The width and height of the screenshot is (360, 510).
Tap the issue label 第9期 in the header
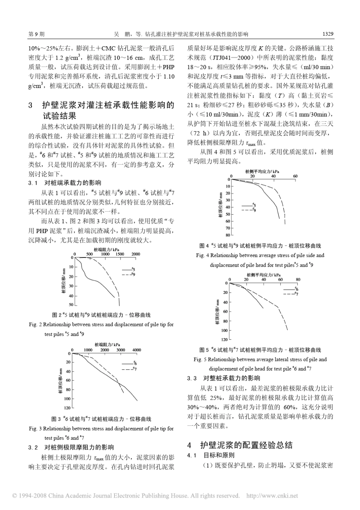[36, 34]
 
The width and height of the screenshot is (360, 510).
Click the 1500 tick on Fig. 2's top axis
[120, 254]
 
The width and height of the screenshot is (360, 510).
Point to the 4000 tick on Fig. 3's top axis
[136, 350]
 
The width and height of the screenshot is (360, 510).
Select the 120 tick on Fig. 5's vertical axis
[224, 339]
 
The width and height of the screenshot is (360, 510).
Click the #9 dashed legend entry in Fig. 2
[128, 273]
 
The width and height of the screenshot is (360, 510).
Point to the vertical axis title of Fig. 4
[220, 205]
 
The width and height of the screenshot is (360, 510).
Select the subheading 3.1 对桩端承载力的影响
[65, 183]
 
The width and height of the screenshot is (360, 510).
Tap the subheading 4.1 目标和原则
[211, 455]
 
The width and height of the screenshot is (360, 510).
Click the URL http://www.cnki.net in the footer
[272, 496]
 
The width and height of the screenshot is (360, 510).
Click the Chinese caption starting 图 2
[101, 315]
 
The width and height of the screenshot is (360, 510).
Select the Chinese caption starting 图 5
[260, 350]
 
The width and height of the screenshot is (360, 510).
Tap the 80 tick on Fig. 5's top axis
[298, 279]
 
